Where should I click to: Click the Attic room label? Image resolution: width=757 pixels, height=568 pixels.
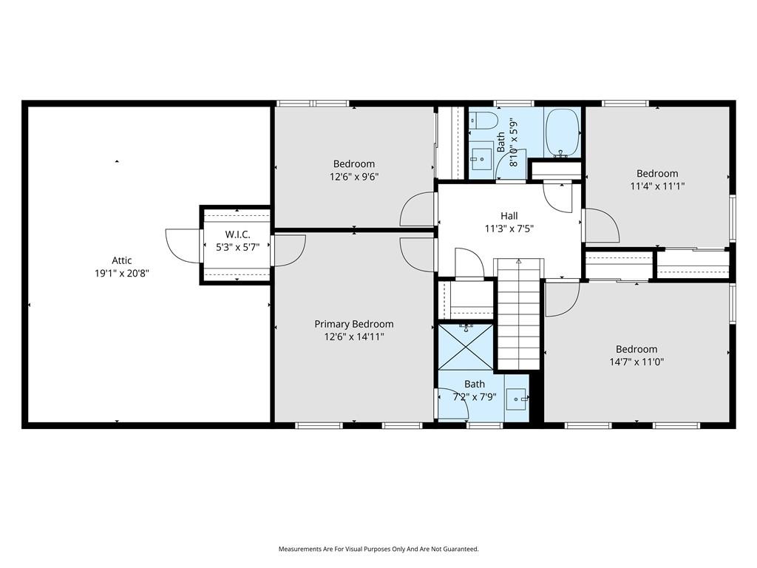click(x=122, y=260)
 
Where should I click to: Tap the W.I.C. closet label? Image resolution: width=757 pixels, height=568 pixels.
click(x=237, y=234)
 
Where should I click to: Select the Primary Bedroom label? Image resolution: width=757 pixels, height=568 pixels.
click(x=354, y=324)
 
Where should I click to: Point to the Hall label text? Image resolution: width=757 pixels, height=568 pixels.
click(x=509, y=216)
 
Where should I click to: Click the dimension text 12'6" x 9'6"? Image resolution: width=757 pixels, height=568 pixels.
click(x=354, y=177)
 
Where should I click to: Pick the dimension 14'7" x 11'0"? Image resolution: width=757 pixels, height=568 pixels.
click(x=637, y=362)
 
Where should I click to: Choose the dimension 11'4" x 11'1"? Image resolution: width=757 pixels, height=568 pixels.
click(x=657, y=186)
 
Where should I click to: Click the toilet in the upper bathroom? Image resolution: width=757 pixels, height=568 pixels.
click(x=484, y=121)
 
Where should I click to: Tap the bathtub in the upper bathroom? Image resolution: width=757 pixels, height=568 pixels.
click(x=563, y=133)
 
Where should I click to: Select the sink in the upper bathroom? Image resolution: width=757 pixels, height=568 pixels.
click(x=481, y=158)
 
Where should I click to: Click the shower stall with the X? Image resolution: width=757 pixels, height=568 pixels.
click(x=466, y=347)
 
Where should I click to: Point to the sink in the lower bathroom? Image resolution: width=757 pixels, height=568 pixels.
click(x=517, y=399)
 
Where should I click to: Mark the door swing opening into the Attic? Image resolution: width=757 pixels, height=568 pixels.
click(x=183, y=246)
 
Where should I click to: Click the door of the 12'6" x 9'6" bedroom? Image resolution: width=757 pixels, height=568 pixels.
click(x=418, y=209)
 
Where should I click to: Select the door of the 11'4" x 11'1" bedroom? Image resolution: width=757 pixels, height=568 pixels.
click(x=601, y=225)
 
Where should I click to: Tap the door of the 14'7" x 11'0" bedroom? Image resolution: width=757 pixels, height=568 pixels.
click(x=563, y=300)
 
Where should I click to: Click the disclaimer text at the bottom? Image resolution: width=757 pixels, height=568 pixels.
click(x=378, y=550)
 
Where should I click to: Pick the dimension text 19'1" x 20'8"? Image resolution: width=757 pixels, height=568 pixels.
click(x=122, y=274)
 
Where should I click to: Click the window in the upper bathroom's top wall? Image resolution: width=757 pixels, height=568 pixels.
click(x=515, y=104)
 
